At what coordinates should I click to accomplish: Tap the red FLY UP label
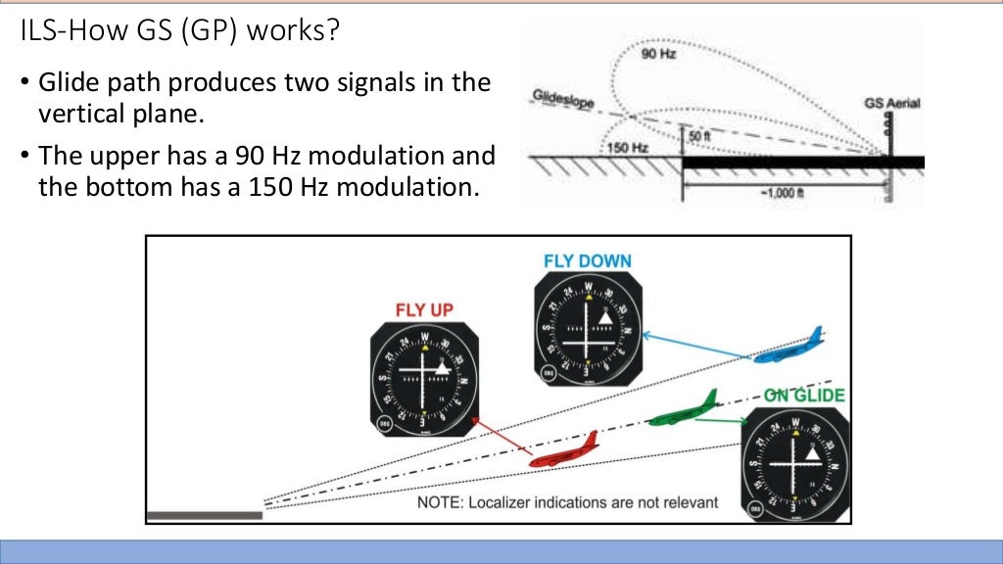pos(424,310)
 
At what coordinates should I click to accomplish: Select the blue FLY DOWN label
pos(588,261)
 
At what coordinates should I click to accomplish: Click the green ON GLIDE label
pos(804,396)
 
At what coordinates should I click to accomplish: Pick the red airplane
pos(563,451)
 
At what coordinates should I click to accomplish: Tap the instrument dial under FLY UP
pos(423,378)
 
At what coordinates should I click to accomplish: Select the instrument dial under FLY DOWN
pos(588,330)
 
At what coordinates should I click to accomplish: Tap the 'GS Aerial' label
pos(891,102)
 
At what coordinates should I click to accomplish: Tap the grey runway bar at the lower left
pos(205,515)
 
